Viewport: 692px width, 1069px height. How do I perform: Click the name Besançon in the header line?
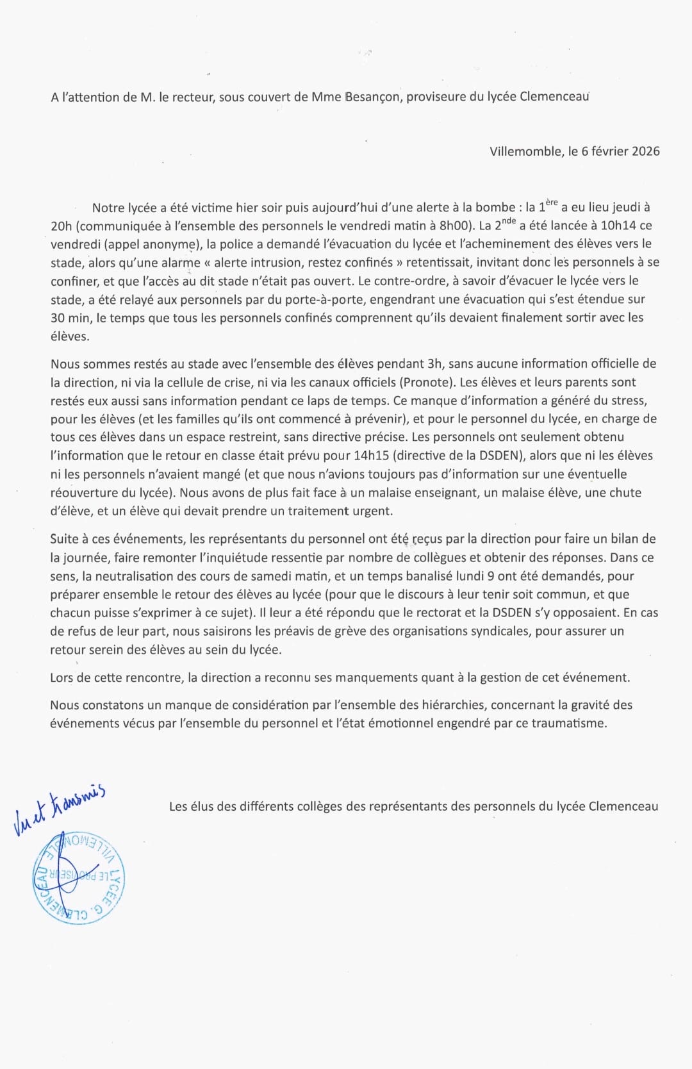pos(372,97)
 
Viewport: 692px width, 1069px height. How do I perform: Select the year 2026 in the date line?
pos(645,151)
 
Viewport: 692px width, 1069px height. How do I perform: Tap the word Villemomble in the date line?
pos(525,151)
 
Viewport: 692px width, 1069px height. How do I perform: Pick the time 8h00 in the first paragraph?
pos(456,226)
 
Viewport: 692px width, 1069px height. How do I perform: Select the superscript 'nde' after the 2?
pos(509,221)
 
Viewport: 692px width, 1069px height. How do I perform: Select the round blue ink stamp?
pos(79,878)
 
